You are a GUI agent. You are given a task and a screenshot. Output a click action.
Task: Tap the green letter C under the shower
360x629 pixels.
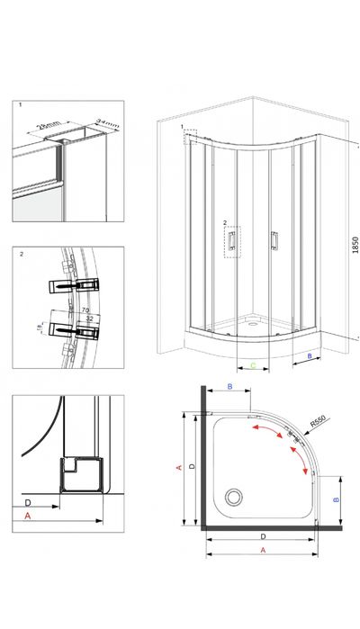coord(254,366)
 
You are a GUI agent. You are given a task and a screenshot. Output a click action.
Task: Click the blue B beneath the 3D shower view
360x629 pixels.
coord(310,357)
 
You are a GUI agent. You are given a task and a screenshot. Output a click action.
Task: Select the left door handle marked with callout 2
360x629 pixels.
coord(231,238)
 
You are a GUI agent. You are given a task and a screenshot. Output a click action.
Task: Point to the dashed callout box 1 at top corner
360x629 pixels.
coord(189,137)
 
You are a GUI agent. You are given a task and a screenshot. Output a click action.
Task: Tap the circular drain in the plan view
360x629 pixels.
coord(236,496)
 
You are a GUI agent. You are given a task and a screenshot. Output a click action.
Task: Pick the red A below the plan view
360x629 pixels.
coord(263,549)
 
